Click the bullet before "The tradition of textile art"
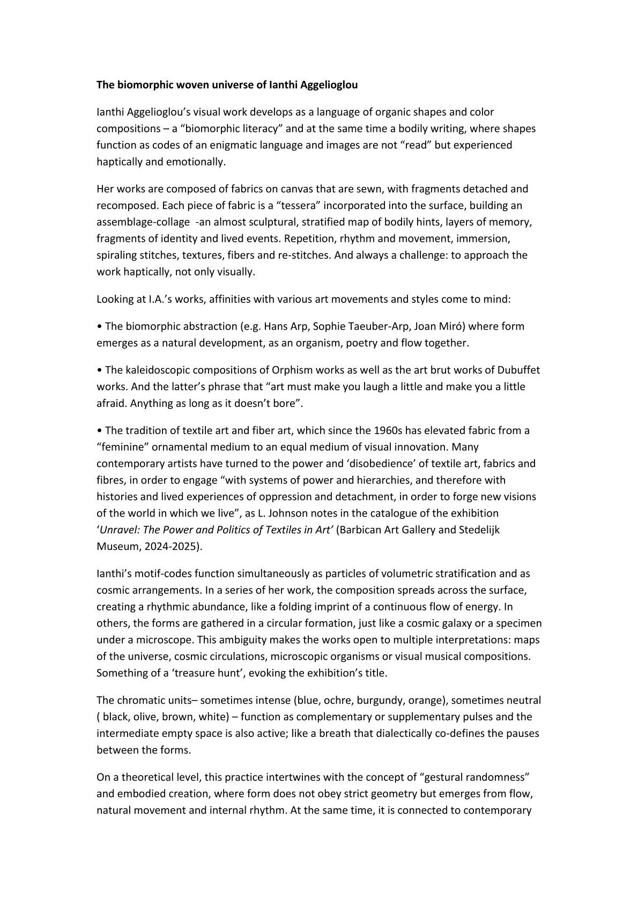[x=99, y=430]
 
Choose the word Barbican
[x=361, y=530]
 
